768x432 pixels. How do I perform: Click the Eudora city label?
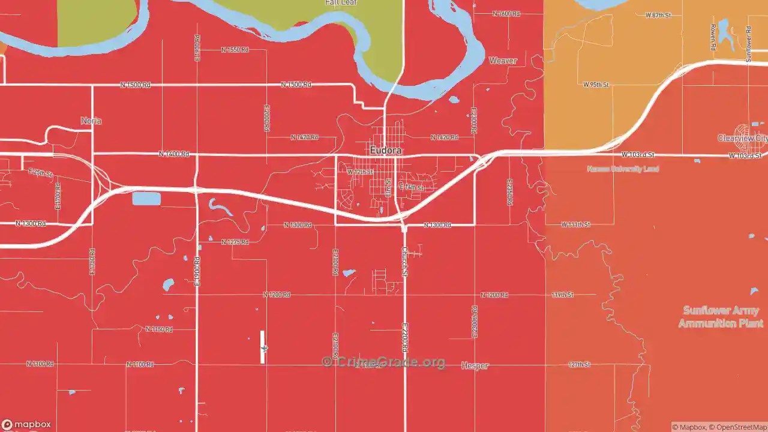(x=385, y=150)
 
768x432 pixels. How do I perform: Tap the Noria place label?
(x=91, y=121)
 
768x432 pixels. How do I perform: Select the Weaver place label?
(x=503, y=61)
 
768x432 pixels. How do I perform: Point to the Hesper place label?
(x=475, y=365)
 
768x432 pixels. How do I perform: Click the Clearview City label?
(x=742, y=139)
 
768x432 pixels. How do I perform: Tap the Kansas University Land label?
(x=623, y=169)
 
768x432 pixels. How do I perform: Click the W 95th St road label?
(x=596, y=85)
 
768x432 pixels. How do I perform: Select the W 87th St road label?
(x=658, y=15)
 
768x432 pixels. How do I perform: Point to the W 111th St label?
(x=575, y=224)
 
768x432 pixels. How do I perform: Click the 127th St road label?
(x=579, y=364)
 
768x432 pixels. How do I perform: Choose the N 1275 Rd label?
(x=235, y=242)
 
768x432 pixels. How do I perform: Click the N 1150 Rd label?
(x=159, y=329)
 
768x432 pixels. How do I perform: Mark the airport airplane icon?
(x=264, y=348)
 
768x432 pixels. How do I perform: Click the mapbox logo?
(x=26, y=424)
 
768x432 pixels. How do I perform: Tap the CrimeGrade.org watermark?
(x=384, y=362)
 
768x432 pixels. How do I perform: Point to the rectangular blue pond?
(x=146, y=199)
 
